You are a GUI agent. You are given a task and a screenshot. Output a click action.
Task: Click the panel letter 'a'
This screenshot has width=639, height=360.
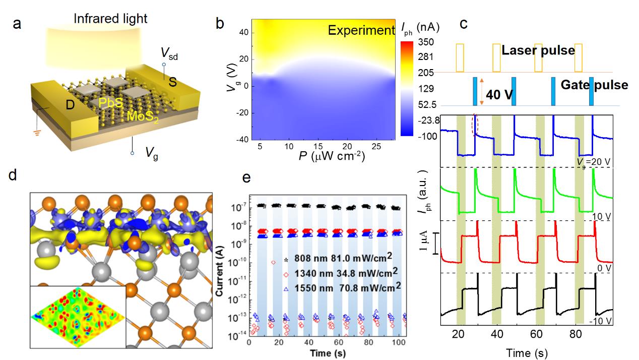(x=17, y=24)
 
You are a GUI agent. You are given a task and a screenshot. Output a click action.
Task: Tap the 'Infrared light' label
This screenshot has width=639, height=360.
(x=110, y=19)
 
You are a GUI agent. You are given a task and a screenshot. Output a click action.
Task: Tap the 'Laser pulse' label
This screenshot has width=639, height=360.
(x=538, y=50)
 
